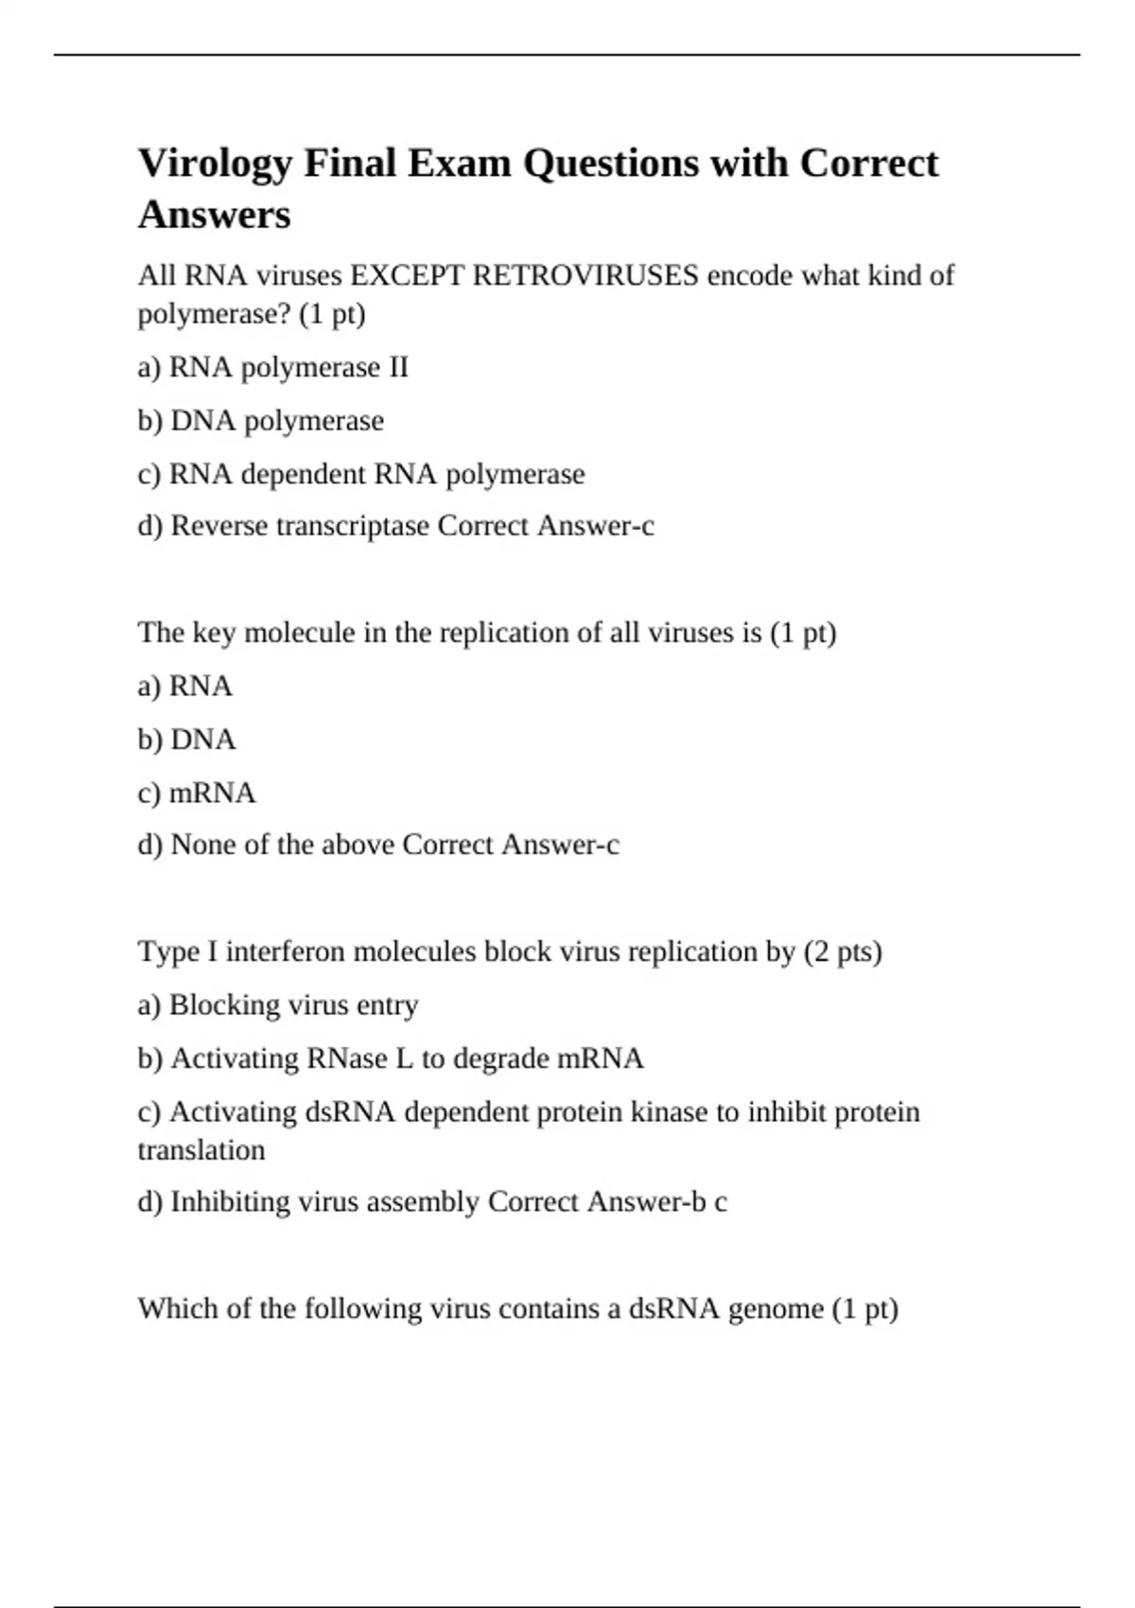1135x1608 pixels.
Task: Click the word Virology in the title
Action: (x=216, y=165)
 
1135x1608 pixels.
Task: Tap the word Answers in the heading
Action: (x=215, y=215)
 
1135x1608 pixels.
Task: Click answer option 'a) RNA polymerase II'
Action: (x=272, y=367)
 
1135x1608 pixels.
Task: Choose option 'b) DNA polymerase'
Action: (x=260, y=420)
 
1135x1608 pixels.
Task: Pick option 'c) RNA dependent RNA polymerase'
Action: (x=361, y=473)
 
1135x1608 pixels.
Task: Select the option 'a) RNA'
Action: (x=184, y=686)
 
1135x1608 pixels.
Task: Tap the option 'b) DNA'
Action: (x=186, y=739)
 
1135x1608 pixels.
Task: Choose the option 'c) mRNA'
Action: (x=196, y=792)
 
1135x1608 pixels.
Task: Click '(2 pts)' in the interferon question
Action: (x=843, y=951)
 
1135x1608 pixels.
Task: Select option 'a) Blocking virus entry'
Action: (x=277, y=1005)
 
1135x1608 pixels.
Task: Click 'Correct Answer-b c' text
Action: (x=607, y=1201)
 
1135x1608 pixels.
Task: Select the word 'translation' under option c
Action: (x=201, y=1150)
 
